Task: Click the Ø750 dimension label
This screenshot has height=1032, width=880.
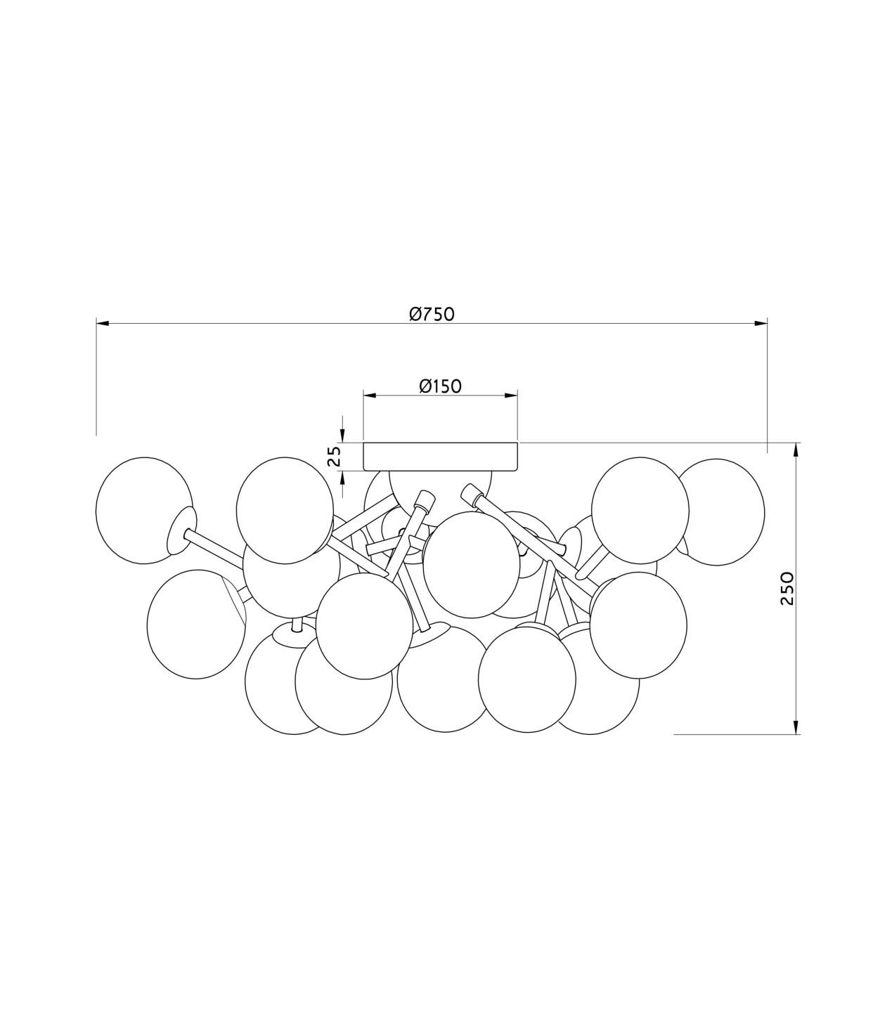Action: [432, 314]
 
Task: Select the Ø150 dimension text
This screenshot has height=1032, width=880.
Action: [441, 386]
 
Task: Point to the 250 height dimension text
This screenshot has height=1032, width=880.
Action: [787, 589]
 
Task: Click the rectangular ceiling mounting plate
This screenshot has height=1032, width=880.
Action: [441, 457]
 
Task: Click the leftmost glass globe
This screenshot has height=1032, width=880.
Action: [144, 510]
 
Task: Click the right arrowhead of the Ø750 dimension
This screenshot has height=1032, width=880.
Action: [761, 324]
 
